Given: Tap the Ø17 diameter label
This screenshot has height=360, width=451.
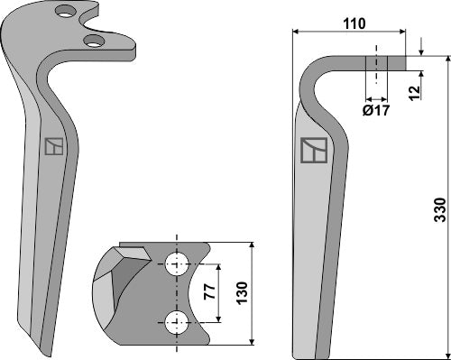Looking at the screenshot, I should [x=376, y=112].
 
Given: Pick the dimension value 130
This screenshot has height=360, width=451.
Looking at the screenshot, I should [x=241, y=291].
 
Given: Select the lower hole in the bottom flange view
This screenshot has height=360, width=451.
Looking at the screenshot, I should [x=177, y=319].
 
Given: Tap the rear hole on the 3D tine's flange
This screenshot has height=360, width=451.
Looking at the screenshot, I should [x=64, y=12].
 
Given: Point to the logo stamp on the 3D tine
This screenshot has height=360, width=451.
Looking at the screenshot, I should [x=54, y=146].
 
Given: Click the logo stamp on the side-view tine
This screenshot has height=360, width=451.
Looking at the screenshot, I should [x=313, y=151].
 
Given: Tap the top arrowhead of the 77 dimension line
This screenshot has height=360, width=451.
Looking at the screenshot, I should [x=217, y=268].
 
